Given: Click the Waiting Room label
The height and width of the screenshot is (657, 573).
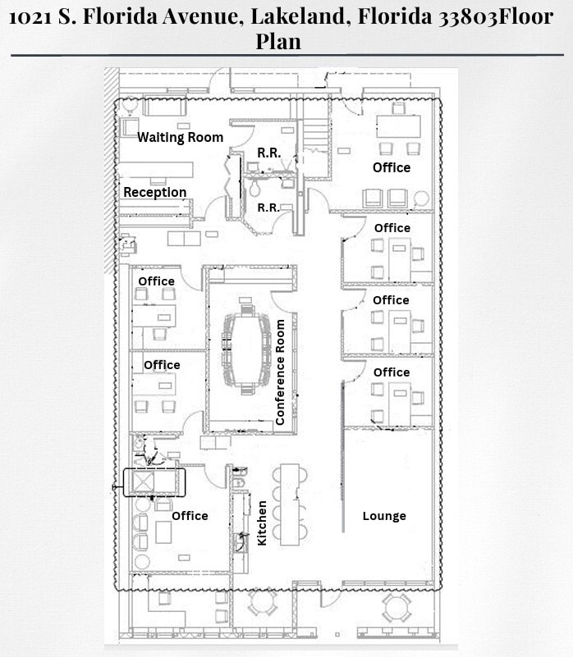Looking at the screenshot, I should [x=180, y=137].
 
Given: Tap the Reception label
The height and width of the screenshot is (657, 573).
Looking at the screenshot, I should [x=154, y=192].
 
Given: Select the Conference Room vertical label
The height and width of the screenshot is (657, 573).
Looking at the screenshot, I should [x=280, y=372].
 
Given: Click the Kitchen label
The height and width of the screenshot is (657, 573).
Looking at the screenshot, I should [x=263, y=522].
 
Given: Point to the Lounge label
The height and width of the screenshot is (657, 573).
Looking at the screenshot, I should [x=384, y=516].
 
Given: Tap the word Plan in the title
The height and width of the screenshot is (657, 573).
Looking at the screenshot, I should [x=278, y=41].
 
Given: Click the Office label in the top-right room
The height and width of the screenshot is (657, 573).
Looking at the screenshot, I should [x=392, y=167].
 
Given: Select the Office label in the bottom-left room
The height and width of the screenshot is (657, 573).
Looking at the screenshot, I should [x=190, y=516].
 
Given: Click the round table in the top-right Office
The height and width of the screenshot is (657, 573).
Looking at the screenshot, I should [x=422, y=198].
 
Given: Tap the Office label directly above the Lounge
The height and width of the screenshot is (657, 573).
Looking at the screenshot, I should [x=392, y=372].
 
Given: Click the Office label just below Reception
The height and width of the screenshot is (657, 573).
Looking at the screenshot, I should [x=156, y=281].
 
